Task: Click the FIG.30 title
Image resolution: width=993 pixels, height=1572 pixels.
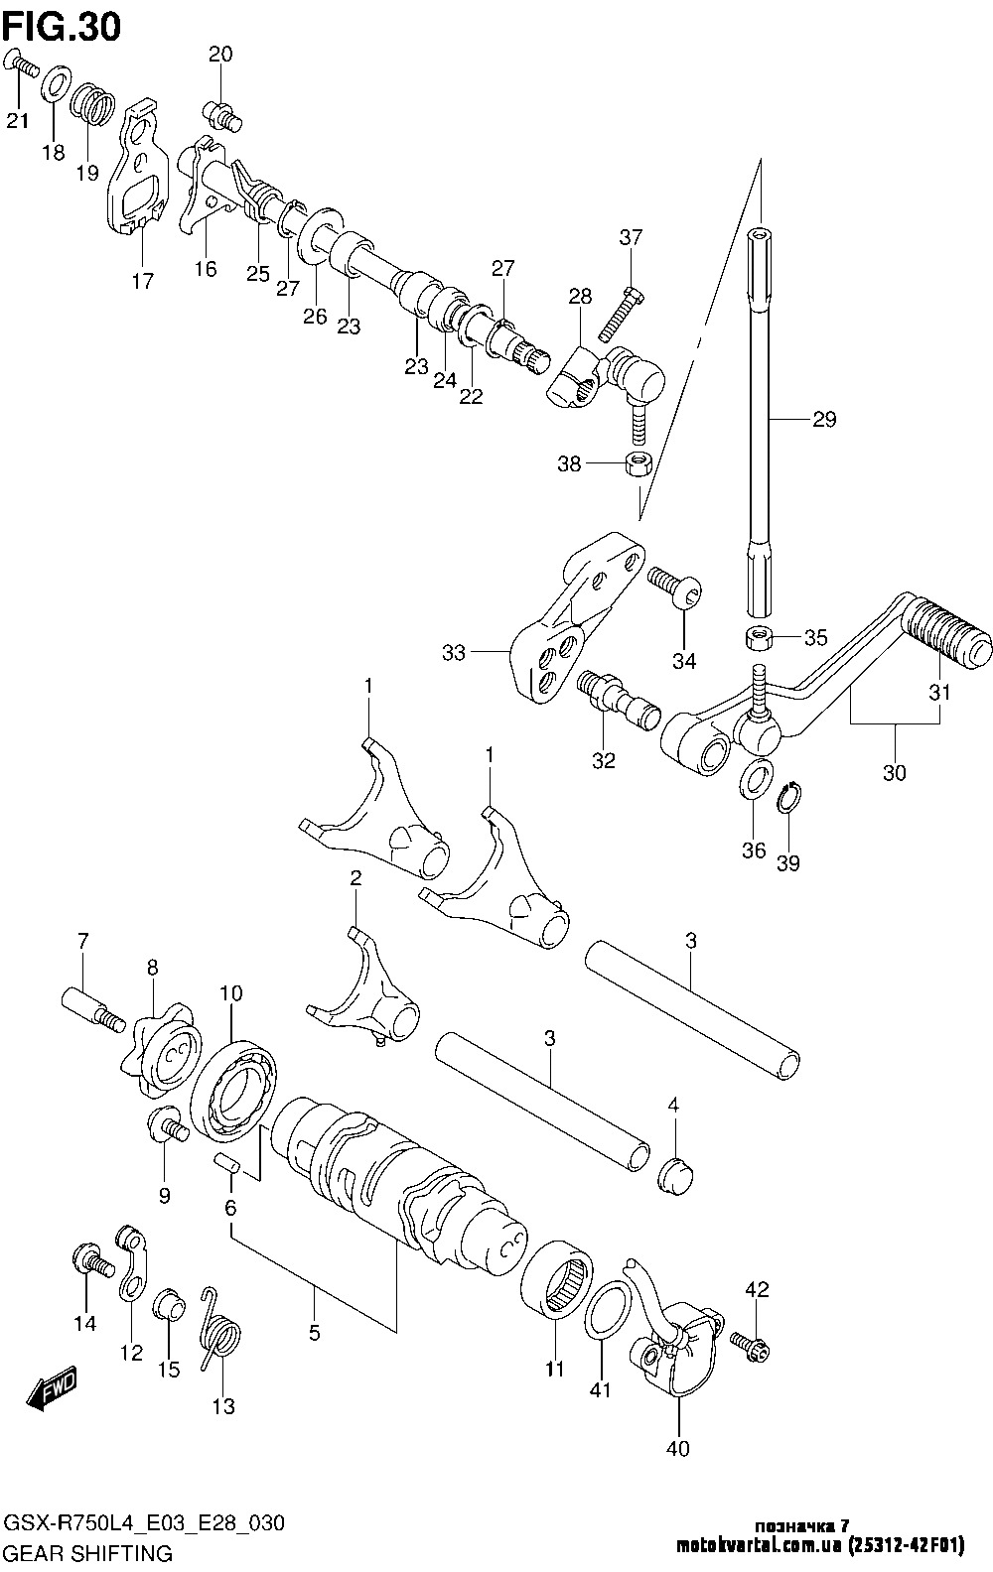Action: pos(62,27)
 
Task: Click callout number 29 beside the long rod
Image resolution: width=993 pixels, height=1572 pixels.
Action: pos(824,419)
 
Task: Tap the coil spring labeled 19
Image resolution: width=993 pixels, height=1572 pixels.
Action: pos(94,103)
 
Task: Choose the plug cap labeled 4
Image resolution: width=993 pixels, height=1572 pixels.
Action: pos(675,1173)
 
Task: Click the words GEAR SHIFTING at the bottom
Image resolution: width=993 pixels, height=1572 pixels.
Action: pos(89,1553)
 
